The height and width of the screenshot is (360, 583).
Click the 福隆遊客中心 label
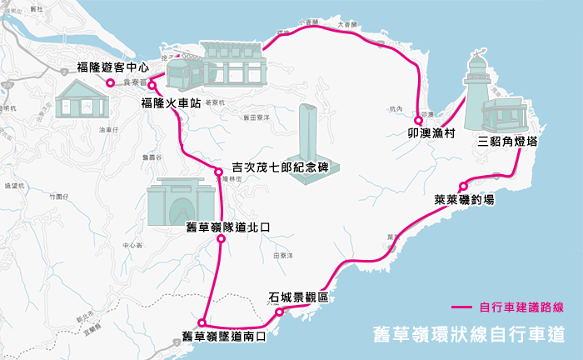pyautogui.click(x=112, y=66)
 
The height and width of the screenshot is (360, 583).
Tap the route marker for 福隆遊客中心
pyautogui.click(x=109, y=82)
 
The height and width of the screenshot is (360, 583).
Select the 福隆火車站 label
pyautogui.click(x=170, y=104)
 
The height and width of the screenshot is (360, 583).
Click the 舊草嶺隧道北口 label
pyautogui.click(x=228, y=227)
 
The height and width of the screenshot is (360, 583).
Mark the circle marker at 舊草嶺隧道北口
pyautogui.click(x=221, y=239)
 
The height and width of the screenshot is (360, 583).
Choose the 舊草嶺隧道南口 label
pyautogui.click(x=223, y=337)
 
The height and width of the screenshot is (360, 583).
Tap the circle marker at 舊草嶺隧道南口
pyautogui.click(x=202, y=322)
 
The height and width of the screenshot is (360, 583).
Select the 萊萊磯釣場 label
pyautogui.click(x=464, y=200)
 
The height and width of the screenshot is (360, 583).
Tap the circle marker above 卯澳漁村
pyautogui.click(x=419, y=120)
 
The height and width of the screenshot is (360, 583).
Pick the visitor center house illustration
pyautogui.click(x=82, y=98)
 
